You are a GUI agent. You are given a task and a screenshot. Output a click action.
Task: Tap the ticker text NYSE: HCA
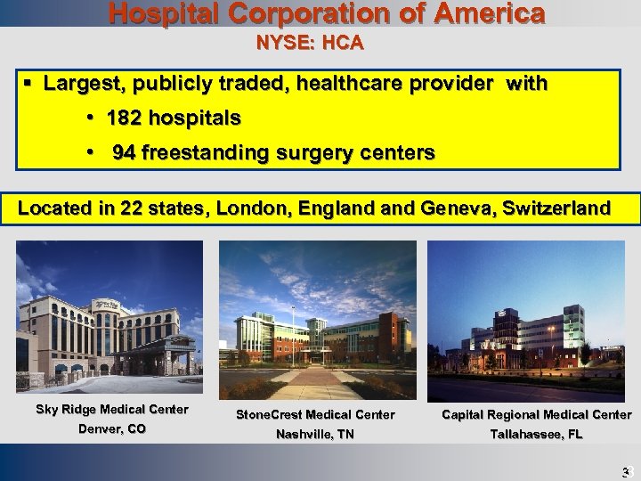[x=310, y=42]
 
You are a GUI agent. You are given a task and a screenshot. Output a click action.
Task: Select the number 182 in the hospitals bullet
[x=123, y=118]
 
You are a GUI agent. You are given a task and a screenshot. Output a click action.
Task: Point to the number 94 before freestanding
[x=125, y=153]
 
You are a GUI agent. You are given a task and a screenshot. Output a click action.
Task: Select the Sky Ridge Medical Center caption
[x=112, y=410]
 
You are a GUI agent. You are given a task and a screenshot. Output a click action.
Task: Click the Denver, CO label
[x=112, y=429]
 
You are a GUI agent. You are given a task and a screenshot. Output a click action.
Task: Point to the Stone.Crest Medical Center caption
[x=315, y=414]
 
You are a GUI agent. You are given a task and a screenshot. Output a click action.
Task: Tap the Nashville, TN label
[x=315, y=435]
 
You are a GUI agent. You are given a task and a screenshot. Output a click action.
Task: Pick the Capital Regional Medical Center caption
[x=536, y=414]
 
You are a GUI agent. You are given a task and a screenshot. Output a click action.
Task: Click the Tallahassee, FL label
[x=536, y=435]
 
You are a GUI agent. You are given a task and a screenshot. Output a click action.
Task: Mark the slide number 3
[x=626, y=472]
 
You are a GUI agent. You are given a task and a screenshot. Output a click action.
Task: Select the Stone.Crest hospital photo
[x=318, y=320]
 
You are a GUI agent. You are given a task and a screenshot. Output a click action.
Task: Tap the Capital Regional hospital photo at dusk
[x=527, y=320]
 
